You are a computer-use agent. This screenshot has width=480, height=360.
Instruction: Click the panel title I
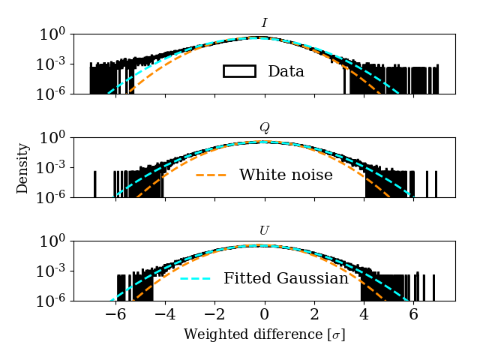pyautogui.click(x=264, y=23)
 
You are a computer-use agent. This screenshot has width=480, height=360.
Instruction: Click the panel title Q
pyautogui.click(x=264, y=127)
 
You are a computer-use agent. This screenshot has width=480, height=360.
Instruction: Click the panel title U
pyautogui.click(x=264, y=232)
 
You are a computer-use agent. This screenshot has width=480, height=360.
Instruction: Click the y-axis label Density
pyautogui.click(x=22, y=168)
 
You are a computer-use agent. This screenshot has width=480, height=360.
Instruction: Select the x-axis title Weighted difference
pyautogui.click(x=264, y=334)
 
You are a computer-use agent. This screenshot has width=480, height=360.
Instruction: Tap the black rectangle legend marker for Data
pyautogui.click(x=239, y=71)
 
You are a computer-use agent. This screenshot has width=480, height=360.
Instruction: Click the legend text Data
pyautogui.click(x=286, y=72)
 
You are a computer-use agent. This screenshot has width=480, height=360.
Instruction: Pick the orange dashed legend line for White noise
pyautogui.click(x=211, y=175)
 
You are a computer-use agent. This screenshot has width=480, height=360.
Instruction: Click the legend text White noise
pyautogui.click(x=286, y=175)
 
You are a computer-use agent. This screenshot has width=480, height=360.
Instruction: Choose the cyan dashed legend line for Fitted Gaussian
pyautogui.click(x=195, y=279)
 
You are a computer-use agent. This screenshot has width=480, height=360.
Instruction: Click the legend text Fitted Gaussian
pyautogui.click(x=286, y=279)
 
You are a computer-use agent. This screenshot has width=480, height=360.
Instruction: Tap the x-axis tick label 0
pyautogui.click(x=265, y=316)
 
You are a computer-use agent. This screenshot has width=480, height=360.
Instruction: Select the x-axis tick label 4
pyautogui.click(x=364, y=316)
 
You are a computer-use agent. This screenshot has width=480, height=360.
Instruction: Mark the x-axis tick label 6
pyautogui.click(x=413, y=316)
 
